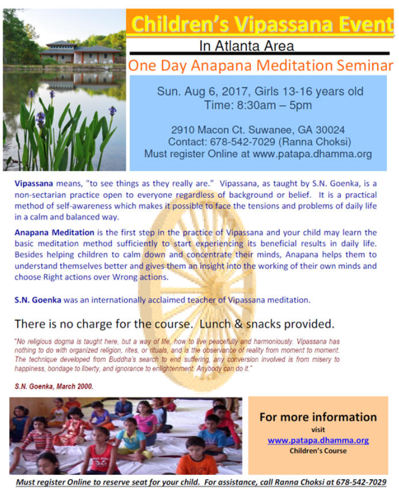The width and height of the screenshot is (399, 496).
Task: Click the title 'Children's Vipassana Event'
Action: point(262,24)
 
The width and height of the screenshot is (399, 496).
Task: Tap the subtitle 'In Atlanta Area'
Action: point(246,46)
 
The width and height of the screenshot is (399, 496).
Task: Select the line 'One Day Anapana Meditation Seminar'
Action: point(260,66)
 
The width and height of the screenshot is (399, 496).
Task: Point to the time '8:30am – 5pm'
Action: point(274,105)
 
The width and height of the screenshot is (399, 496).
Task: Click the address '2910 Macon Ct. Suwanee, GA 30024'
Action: point(258,129)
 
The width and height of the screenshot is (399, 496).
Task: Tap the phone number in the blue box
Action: point(243,142)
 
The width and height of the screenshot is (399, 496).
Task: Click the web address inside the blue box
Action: point(312,154)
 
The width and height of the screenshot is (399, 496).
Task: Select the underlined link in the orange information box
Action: point(318,440)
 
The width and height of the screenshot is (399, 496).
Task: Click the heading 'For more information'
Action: point(318,417)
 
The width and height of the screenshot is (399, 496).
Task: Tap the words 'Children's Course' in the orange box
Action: point(318,451)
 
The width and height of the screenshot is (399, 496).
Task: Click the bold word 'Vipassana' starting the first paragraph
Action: point(34,184)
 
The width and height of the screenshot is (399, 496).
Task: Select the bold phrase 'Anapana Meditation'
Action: point(55,232)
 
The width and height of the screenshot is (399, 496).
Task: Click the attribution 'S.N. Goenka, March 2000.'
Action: point(54,386)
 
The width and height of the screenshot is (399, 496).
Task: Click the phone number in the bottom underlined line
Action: point(361,482)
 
